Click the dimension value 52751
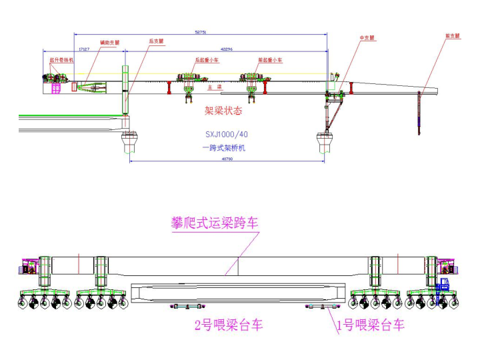pos(200,31)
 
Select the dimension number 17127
pos(84,49)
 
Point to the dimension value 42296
pos(227,49)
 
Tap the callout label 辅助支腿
pos(109,42)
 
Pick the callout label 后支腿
pos(156,41)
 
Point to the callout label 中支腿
pos(366,38)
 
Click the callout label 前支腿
pos(452,36)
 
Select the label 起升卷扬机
pos(61,59)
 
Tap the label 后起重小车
pos(206,59)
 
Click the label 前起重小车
pos(270,59)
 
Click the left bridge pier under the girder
pos(129,141)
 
